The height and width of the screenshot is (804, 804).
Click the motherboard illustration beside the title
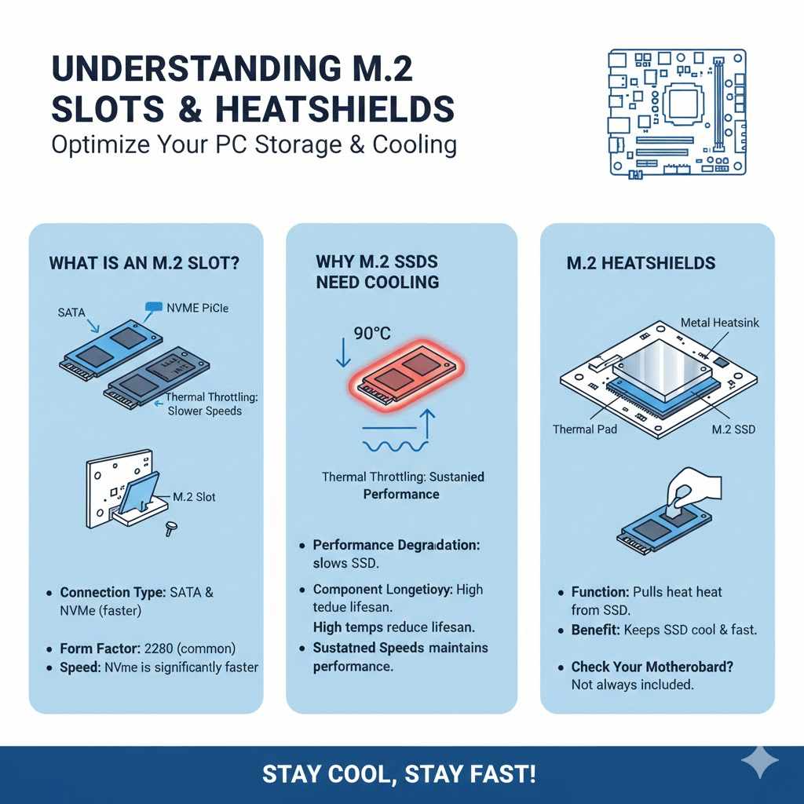pos(678,111)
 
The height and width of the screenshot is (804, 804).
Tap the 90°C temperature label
pos(372,333)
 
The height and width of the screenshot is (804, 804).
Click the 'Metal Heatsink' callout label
pos(719,323)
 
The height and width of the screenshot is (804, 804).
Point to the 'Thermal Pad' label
pos(584,429)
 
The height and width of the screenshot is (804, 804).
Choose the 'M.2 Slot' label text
pos(194,497)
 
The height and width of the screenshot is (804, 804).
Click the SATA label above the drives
pos(71,312)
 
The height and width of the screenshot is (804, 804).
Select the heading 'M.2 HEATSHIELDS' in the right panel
pos(641,263)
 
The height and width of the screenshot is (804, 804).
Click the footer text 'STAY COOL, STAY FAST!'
pos(400,775)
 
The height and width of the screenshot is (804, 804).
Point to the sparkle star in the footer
pos(760,762)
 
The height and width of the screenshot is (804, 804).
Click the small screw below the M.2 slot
pos(168,529)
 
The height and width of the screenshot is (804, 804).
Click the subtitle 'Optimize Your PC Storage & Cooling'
pos(254,146)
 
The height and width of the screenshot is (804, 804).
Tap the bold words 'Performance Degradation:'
pos(396,545)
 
